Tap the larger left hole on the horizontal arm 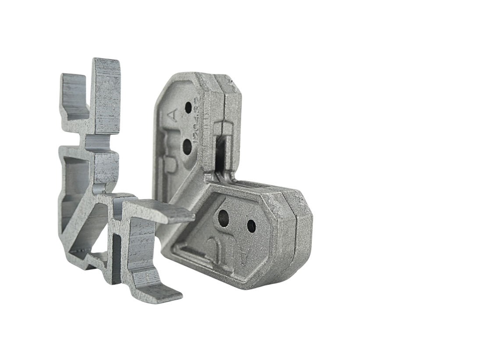(224, 216)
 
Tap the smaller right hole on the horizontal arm (251, 226)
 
